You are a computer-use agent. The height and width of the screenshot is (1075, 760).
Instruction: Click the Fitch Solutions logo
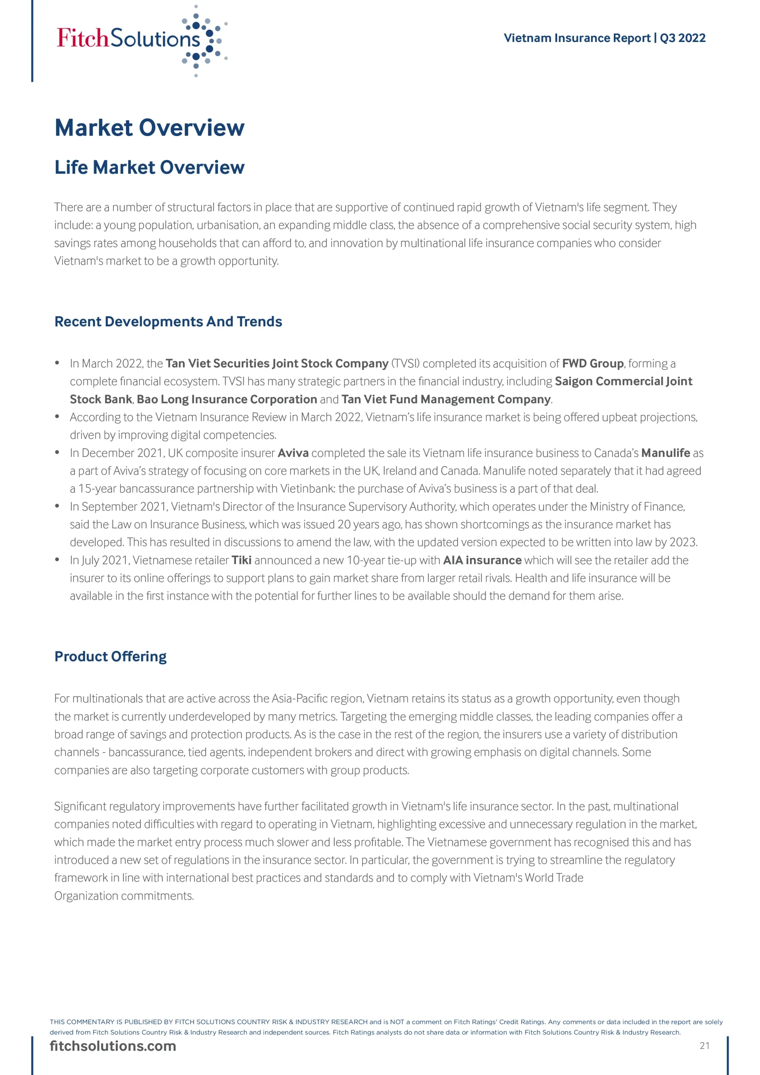pos(141,40)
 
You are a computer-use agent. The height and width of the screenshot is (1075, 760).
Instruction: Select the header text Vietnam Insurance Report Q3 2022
pos(604,38)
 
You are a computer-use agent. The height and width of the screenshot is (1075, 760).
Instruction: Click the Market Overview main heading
pos(149,128)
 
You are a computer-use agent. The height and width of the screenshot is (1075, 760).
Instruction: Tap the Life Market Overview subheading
pos(149,167)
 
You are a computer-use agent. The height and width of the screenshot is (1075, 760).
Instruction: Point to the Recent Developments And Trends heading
pos(168,322)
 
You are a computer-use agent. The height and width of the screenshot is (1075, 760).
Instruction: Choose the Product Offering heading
pos(110,656)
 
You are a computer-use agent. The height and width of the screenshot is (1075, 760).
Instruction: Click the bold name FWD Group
pos(592,363)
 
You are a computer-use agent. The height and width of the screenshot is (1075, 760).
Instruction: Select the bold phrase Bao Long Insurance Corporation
pos(227,399)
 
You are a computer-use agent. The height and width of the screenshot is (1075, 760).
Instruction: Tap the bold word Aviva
pos(293,453)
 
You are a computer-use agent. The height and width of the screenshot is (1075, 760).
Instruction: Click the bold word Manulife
pos(666,453)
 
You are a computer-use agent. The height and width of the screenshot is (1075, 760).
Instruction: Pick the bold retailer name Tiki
pos(241,560)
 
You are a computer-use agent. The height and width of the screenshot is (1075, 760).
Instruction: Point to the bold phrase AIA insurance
pos(482,560)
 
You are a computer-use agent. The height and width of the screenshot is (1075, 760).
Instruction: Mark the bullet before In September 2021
pos(57,506)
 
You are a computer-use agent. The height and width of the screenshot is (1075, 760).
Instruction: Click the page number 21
pos(704,1046)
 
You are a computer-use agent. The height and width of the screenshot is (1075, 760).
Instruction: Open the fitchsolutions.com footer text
pos(113,1046)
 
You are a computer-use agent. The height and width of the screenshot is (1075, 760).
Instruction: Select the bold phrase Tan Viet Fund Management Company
pos(446,399)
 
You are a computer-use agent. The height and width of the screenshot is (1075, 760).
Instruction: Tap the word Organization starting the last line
pos(86,896)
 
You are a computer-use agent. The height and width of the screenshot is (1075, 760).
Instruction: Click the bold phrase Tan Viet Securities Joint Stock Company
pos(277,363)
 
